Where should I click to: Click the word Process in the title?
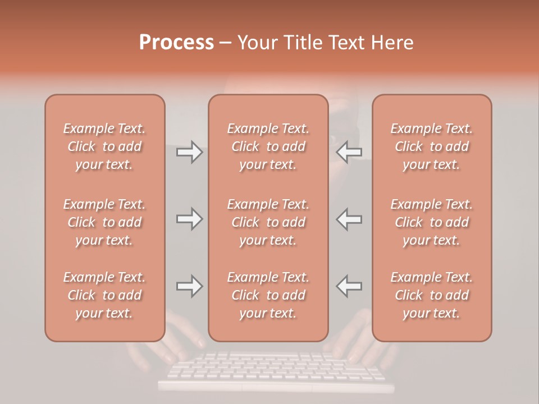(x=176, y=43)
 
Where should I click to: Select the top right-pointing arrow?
(x=189, y=152)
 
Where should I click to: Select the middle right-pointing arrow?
(x=189, y=219)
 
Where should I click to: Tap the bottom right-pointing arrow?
(x=189, y=286)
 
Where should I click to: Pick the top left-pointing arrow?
(x=349, y=152)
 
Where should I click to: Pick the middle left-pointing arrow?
(x=349, y=219)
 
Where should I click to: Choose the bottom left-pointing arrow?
(x=349, y=286)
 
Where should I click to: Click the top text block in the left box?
(x=104, y=146)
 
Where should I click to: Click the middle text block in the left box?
(x=104, y=222)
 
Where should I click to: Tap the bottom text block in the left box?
(x=104, y=295)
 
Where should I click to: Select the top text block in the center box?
(x=268, y=146)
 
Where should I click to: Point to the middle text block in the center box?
(x=268, y=222)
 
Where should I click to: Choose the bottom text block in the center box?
(x=268, y=295)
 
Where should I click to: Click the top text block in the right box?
(x=432, y=146)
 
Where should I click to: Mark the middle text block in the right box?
(x=432, y=222)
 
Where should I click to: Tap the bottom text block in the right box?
(x=432, y=295)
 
